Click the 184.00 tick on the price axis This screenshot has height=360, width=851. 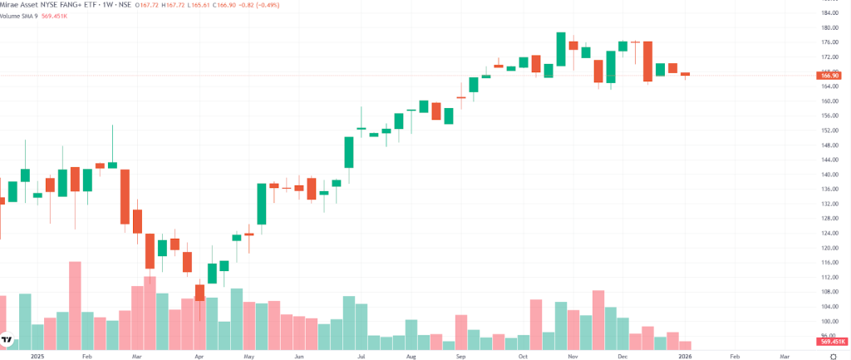point(829,13)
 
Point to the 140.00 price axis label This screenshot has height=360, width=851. point(829,175)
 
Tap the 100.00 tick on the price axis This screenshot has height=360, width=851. point(829,321)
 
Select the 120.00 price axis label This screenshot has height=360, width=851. point(829,248)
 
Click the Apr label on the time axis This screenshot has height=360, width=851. point(199,355)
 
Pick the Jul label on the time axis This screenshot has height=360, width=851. point(362,355)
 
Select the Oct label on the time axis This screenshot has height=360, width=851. point(523,355)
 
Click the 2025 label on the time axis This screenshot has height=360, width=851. point(35,355)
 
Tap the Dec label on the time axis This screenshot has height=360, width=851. point(622,355)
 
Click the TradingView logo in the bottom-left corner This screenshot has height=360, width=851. point(7,341)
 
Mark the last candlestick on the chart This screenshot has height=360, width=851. point(686,74)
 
